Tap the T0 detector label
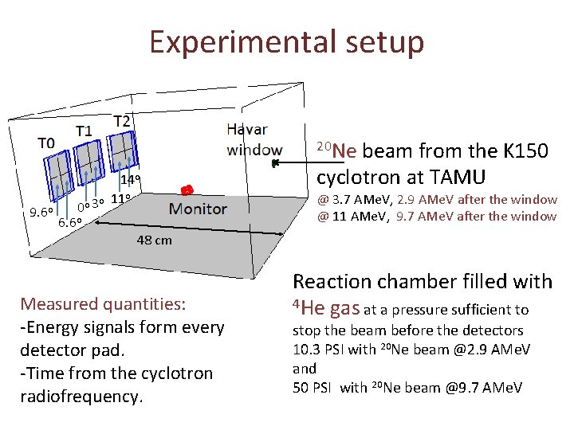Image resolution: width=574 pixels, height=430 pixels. point(46,143)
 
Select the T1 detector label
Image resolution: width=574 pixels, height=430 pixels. point(84,131)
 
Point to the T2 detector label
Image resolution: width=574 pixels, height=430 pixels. point(122,121)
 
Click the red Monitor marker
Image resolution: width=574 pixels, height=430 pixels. point(186,190)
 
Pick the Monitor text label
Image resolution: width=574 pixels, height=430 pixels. point(198,209)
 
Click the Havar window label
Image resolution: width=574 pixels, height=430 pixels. point(253,139)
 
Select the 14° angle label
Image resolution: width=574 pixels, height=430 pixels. point(131,180)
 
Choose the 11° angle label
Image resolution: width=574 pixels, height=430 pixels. point(121,199)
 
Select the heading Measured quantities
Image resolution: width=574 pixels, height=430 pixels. point(103,303)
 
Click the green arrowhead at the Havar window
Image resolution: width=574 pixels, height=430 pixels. point(274,164)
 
